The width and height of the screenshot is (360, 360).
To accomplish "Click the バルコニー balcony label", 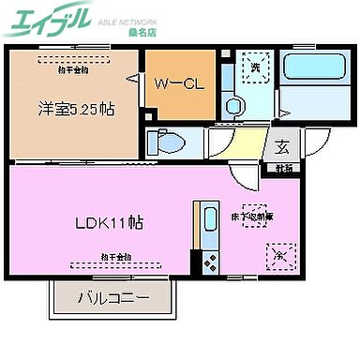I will click(112, 301).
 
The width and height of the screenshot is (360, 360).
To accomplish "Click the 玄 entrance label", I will click(282, 146).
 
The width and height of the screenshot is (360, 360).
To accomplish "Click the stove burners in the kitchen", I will click(208, 257).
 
